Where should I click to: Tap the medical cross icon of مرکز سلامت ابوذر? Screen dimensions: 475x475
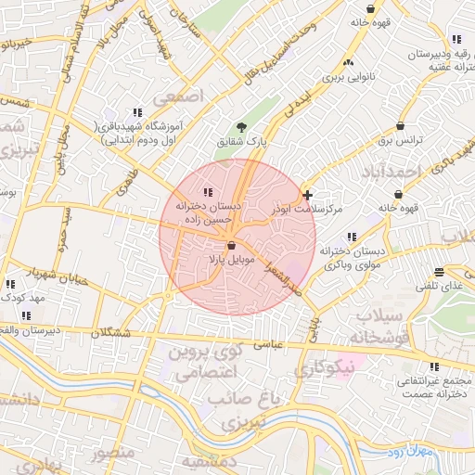[x=308, y=195]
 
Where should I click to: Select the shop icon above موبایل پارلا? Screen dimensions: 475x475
[x=230, y=244]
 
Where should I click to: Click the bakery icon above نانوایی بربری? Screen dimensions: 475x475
[x=348, y=62]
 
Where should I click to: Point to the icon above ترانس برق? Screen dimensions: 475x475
[x=400, y=125]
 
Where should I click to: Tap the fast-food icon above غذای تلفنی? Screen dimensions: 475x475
[x=439, y=271]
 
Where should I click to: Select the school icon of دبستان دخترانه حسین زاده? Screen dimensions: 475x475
[x=206, y=191]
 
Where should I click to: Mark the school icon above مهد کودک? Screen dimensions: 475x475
[x=10, y=285]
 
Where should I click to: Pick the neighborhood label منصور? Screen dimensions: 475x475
[x=112, y=453]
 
